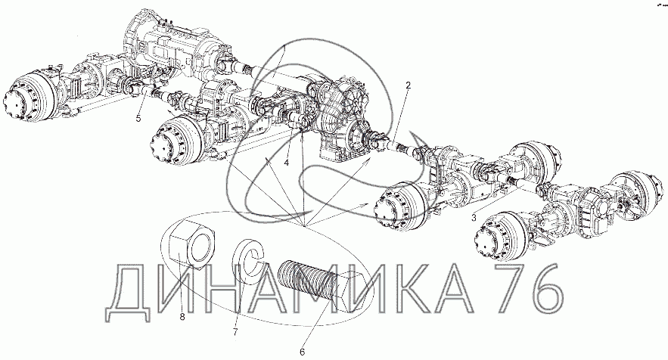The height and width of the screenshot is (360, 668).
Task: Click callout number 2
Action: point(408,85)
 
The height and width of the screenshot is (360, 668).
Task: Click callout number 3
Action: point(474,218)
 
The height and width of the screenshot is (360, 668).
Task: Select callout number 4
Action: point(286,163)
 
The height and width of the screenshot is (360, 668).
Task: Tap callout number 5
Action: point(138,118)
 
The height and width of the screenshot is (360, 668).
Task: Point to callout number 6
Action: point(302,352)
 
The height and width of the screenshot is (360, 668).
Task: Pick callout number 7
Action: point(235,331)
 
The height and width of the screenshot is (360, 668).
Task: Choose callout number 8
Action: point(182,317)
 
